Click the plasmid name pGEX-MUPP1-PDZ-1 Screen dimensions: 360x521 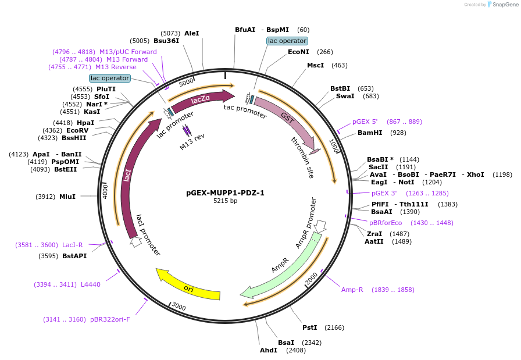pyautogui.click(x=225, y=193)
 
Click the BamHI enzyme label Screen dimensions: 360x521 pyautogui.click(x=370, y=133)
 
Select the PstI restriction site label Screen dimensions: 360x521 pyautogui.click(x=309, y=328)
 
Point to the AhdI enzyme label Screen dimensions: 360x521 pyautogui.click(x=269, y=350)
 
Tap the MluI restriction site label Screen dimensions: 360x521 pyautogui.click(x=67, y=197)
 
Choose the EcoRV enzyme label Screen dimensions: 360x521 pyautogui.click(x=77, y=130)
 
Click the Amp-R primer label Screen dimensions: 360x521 pyautogui.click(x=352, y=290)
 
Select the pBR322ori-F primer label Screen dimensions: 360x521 pyautogui.click(x=110, y=319)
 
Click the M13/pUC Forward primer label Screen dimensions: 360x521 pyautogui.click(x=128, y=52)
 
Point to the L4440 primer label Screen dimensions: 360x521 pyautogui.click(x=91, y=284)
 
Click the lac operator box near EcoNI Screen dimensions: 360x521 pyautogui.click(x=287, y=41)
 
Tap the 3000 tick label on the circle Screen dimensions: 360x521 pyautogui.click(x=179, y=306)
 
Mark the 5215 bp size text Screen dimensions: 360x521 pyautogui.click(x=225, y=201)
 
